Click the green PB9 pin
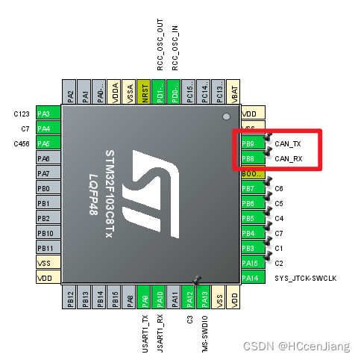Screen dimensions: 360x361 click(250, 143)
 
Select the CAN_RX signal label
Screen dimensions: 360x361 click(288, 158)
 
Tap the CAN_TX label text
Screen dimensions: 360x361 click(288, 143)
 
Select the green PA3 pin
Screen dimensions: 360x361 click(48, 114)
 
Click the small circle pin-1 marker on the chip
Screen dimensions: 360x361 click(226, 118)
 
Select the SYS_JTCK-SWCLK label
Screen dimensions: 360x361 click(305, 278)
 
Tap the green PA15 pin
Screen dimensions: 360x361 click(250, 263)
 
